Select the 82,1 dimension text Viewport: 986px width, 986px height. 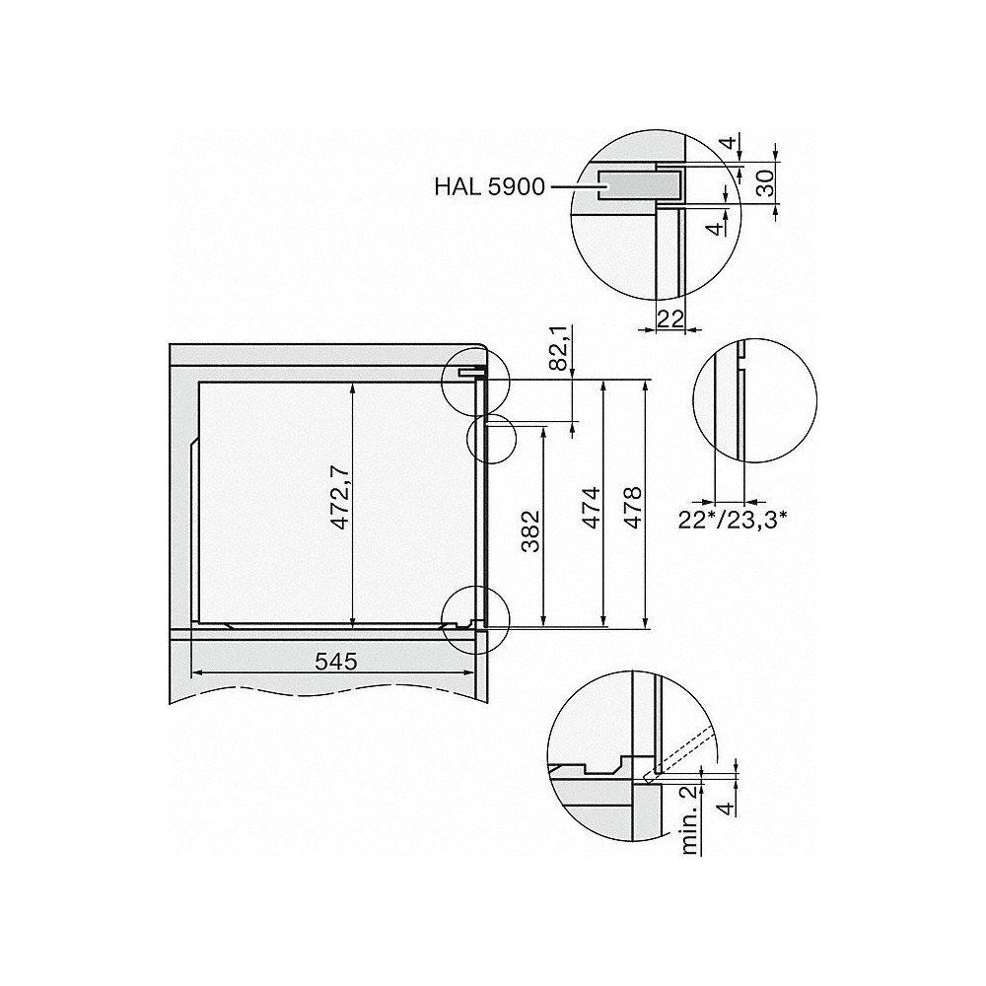click(559, 348)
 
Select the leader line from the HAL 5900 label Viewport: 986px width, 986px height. click(570, 185)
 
